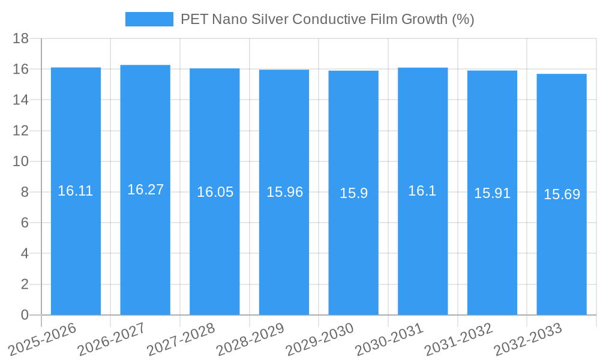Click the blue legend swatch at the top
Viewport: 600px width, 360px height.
(149, 19)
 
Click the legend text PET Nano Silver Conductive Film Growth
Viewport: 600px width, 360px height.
(327, 19)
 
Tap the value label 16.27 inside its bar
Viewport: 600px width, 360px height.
(145, 190)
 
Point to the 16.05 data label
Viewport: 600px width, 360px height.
(215, 192)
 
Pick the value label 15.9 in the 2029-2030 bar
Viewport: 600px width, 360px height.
(353, 193)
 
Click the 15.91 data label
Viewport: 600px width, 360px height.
(492, 193)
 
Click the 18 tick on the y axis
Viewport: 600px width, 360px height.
(20, 38)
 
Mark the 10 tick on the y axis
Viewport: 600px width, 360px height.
(20, 161)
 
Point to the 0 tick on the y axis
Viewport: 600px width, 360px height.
(25, 315)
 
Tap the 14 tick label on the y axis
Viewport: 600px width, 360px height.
(20, 100)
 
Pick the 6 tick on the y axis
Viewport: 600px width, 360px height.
(25, 223)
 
